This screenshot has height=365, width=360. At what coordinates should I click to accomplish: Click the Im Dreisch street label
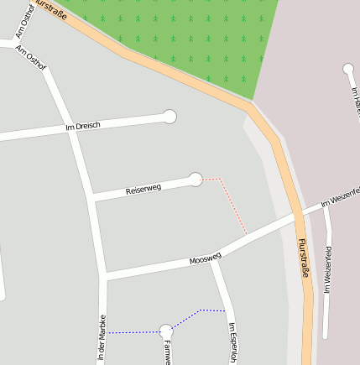pos(82,126)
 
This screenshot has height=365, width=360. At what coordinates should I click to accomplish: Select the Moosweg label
pos(205,258)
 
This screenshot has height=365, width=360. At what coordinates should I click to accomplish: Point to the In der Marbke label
pos(102,338)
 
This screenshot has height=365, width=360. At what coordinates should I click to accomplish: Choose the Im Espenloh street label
pos(232,343)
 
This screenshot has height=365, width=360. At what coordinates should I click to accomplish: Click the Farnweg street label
pos(167,352)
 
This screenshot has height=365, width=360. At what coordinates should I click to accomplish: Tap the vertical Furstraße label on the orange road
pos(303,258)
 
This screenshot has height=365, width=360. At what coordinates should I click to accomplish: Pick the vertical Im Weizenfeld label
pos(329,269)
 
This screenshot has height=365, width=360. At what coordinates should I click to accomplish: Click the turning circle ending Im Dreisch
pos(170,117)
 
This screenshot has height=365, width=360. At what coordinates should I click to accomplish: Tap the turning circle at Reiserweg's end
pos(196,179)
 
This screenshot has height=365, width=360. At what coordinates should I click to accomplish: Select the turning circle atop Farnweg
pos(166,331)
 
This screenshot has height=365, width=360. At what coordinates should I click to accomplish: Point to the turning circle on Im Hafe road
pos(348,69)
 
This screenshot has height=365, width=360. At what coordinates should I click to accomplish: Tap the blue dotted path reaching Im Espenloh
pos(201,312)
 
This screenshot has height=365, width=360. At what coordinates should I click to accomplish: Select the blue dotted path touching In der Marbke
pos(130,332)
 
